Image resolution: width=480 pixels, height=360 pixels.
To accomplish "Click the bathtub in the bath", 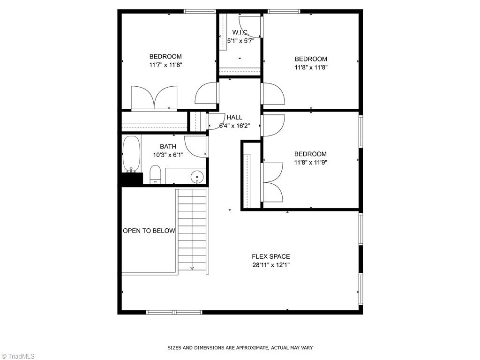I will tap(131, 153).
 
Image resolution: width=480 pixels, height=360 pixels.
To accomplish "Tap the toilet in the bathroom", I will tap(155, 175).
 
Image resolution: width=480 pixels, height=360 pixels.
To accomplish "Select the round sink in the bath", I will tap(197, 177).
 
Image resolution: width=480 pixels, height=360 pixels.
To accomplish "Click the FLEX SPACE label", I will tap(271, 256).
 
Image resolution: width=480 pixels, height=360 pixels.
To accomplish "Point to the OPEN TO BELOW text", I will tap(149, 231).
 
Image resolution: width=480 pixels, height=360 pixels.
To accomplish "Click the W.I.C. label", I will tap(240, 32).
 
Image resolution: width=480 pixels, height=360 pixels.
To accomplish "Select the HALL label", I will tap(235, 117).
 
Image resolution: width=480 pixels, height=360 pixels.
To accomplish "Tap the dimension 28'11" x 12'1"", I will tap(271, 265).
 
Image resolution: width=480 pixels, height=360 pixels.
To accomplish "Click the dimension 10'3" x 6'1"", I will tap(168, 155).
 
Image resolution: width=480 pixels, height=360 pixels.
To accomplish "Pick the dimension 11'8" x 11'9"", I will tap(310, 163).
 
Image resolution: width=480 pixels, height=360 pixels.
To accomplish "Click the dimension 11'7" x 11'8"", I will tap(165, 65).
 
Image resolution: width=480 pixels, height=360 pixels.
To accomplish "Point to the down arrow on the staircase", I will tap(192, 268).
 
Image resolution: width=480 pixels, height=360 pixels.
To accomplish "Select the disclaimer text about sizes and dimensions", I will tap(240, 348).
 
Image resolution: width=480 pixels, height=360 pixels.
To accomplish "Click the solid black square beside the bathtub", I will tap(131, 179).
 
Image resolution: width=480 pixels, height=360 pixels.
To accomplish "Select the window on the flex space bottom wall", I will tap(174, 312).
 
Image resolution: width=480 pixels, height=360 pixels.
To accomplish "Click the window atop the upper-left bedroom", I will tap(199, 11).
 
